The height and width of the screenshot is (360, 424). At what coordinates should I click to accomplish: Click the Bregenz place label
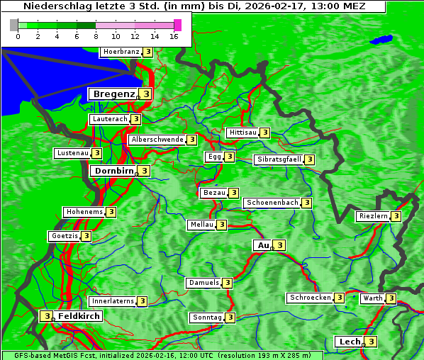[113, 94]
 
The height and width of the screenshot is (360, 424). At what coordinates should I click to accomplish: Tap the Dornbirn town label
[113, 171]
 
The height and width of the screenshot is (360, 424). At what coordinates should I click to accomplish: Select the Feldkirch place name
[79, 315]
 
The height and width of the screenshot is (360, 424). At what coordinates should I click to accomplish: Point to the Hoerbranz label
[121, 52]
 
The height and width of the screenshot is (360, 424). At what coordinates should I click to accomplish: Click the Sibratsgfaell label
[279, 159]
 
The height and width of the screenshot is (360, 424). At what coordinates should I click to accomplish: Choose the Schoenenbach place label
[272, 203]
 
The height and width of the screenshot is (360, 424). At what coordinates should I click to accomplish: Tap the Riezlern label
[373, 216]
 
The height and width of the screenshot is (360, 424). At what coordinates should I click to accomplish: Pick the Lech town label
[349, 342]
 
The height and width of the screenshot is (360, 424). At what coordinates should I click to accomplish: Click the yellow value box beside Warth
[391, 298]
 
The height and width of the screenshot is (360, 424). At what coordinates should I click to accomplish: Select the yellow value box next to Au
[279, 245]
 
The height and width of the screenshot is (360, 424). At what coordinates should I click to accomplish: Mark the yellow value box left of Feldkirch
[46, 316]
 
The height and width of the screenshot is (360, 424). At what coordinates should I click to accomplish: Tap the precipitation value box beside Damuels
[227, 283]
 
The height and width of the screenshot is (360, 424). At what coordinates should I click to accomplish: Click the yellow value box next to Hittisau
[264, 133]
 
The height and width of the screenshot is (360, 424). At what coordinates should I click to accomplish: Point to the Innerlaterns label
[113, 301]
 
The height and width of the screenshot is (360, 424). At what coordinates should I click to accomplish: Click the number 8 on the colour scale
[95, 36]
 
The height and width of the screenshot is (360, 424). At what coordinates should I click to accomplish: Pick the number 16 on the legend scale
[174, 36]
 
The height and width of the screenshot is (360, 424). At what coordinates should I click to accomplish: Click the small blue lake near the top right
[384, 39]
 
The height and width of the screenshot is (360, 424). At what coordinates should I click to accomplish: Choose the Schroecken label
[310, 298]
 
